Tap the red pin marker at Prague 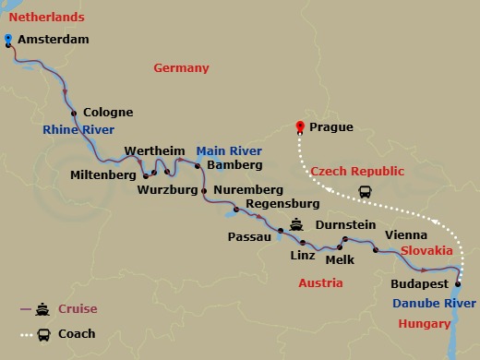click(298, 127)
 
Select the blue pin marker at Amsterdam click(8, 39)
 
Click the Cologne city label click(108, 113)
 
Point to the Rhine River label click(78, 130)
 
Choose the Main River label click(228, 150)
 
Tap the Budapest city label click(420, 283)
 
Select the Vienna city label click(405, 234)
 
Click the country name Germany click(181, 68)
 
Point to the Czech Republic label click(357, 172)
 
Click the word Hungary click(425, 324)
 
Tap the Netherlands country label click(45, 18)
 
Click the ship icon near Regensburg click(297, 222)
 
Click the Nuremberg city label click(246, 190)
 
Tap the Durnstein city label click(345, 224)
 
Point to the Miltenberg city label click(102, 174)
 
